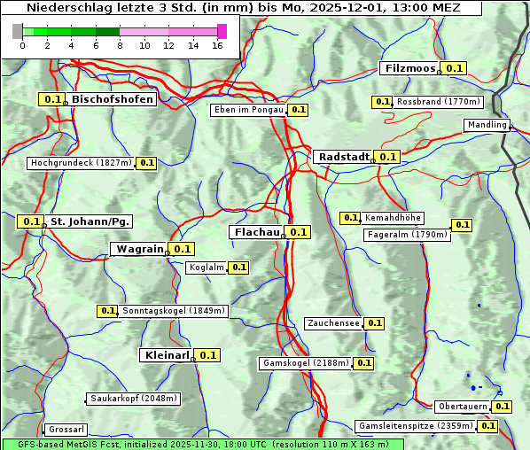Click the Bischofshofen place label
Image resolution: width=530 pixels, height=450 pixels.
(113, 99)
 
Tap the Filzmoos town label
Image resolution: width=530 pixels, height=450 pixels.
(409, 68)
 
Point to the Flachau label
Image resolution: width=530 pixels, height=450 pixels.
(255, 232)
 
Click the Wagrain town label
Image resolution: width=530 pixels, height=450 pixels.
(138, 249)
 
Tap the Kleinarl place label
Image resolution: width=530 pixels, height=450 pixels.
(166, 355)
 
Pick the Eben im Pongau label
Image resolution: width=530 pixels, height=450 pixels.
(248, 110)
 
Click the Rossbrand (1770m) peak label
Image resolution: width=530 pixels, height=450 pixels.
(438, 102)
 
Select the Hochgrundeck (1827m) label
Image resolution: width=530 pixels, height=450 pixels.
(81, 163)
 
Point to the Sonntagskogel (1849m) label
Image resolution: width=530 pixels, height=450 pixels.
(174, 311)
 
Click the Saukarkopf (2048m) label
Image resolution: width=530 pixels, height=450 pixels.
(134, 399)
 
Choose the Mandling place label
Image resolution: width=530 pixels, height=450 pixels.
(487, 125)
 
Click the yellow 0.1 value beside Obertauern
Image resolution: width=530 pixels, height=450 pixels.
(503, 407)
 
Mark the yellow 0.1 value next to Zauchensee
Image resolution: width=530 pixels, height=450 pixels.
(375, 323)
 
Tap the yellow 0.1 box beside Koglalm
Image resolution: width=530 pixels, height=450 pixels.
(238, 268)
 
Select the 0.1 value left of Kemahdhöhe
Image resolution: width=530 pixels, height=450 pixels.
(350, 218)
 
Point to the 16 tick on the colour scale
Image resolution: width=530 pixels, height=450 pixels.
(218, 45)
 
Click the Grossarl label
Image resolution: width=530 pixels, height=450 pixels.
(66, 429)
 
